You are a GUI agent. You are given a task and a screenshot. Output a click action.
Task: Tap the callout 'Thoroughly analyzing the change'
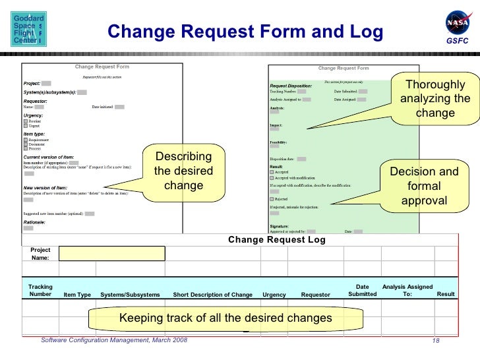click(x=435, y=100)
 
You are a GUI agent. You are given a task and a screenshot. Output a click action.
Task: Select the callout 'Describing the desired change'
click(x=183, y=171)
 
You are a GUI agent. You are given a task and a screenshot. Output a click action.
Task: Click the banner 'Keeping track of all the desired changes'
click(x=225, y=319)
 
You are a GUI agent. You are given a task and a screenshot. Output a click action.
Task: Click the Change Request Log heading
click(x=277, y=239)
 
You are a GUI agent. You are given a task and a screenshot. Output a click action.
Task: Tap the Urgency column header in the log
click(x=274, y=294)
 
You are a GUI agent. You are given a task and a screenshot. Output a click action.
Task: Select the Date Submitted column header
click(x=362, y=290)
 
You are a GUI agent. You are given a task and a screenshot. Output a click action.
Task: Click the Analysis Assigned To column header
click(x=407, y=290)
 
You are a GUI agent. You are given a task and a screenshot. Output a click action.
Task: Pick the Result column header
click(x=446, y=293)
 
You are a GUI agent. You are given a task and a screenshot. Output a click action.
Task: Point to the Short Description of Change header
click(x=212, y=294)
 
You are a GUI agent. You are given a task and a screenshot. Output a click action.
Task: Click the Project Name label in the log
click(x=40, y=254)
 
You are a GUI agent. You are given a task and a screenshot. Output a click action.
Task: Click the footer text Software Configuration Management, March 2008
click(x=114, y=340)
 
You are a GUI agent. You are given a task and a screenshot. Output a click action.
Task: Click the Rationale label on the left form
click(x=34, y=223)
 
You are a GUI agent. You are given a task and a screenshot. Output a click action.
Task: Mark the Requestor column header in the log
click(x=315, y=294)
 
